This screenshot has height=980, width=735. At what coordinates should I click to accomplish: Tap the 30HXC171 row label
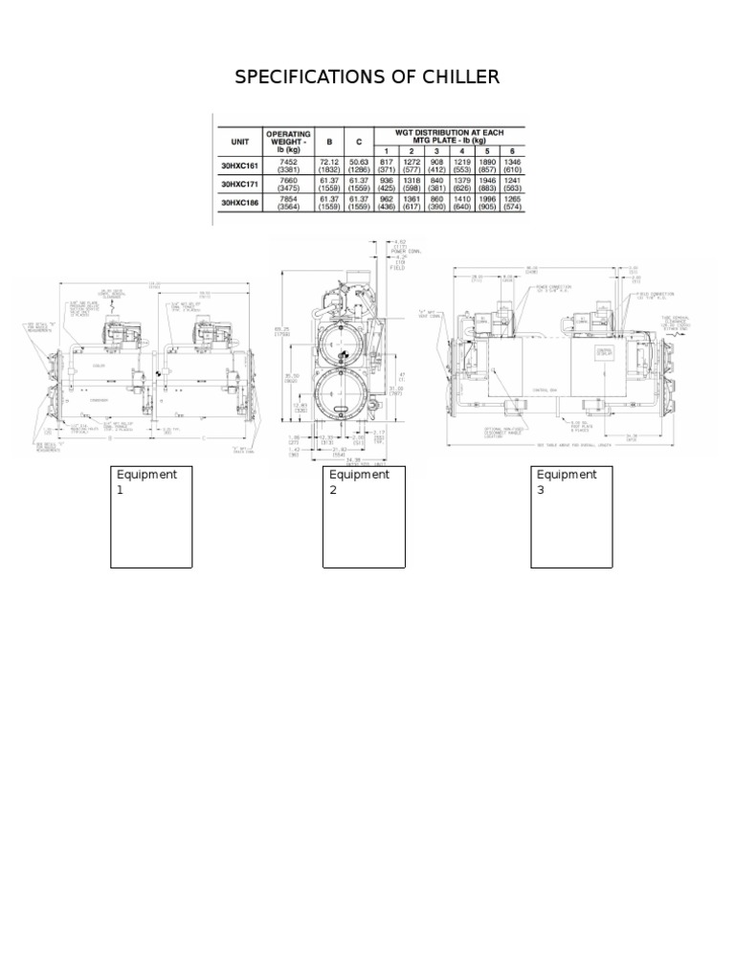240,183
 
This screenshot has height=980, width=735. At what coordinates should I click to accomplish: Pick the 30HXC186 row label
240,203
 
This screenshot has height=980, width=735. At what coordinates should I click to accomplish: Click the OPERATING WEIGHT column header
289,141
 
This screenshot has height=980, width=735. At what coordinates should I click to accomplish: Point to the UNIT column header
239,141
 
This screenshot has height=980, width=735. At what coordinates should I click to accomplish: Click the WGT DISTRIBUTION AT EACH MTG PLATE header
449,136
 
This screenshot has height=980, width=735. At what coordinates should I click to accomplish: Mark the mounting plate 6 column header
513,151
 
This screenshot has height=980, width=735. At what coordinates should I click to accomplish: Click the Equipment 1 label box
151,517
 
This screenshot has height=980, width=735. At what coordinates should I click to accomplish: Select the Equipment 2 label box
364,517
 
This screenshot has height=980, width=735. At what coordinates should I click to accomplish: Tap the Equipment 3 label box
571,517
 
